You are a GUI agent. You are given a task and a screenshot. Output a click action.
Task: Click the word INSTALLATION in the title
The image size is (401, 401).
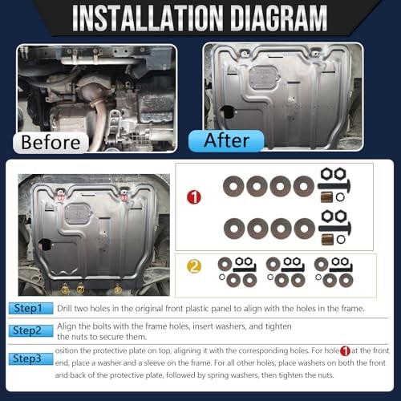148,18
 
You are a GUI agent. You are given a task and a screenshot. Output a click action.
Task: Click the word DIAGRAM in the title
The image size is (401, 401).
278,18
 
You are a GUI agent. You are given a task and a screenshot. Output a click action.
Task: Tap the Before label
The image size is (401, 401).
51,142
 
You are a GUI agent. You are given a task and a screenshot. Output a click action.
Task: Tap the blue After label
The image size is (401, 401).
226,140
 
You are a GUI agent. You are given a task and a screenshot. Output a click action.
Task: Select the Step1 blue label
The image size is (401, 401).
30,308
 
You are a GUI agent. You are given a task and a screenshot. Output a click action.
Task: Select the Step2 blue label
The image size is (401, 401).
30,330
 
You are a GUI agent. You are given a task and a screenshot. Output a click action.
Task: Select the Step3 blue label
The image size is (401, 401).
30,358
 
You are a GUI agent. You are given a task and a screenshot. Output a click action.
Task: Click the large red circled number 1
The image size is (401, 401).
194,197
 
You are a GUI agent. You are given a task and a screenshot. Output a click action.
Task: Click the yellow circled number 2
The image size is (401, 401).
194,266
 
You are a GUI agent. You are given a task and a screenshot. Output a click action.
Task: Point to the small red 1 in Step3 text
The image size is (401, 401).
345,350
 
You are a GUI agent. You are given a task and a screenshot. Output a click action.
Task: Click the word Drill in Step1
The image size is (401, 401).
64,309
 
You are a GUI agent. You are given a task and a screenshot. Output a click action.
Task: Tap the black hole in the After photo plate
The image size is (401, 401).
228,112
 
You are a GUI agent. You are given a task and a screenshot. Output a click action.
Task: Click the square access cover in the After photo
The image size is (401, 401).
264,77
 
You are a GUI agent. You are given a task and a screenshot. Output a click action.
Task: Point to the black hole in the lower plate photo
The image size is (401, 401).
45,245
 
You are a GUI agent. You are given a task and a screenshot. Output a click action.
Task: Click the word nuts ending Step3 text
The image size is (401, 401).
326,375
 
